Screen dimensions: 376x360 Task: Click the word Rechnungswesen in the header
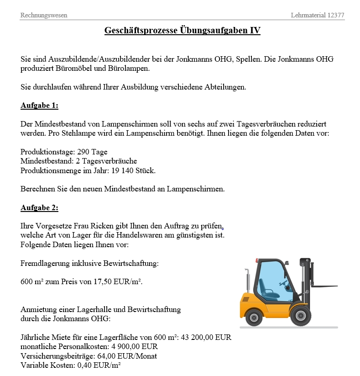pos(44,15)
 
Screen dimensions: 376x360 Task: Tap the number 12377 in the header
pos(336,15)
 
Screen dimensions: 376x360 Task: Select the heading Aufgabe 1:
pos(39,106)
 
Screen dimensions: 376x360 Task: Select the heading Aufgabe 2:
pos(39,208)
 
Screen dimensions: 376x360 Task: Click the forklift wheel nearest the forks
pos(301,315)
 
